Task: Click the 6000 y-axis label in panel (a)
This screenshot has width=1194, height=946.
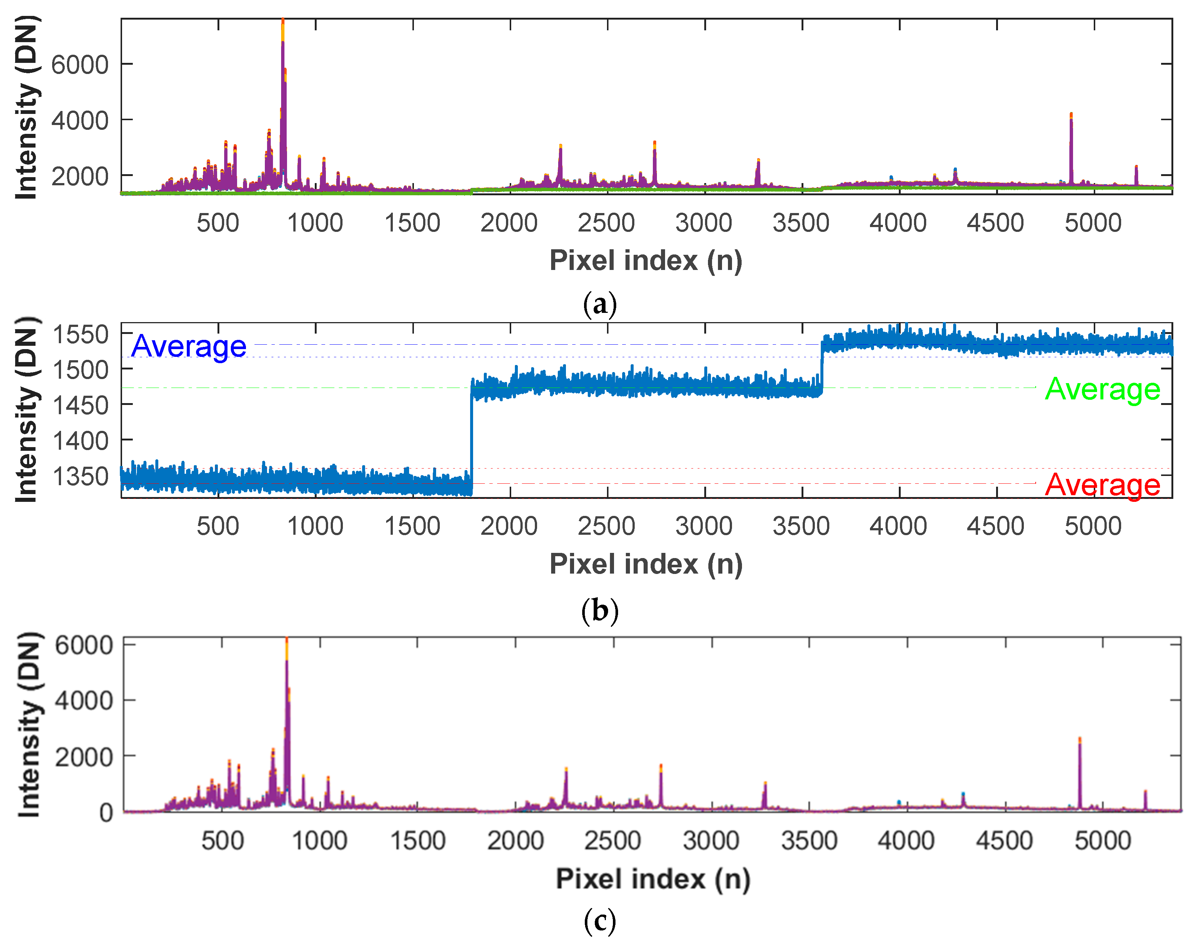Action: pyautogui.click(x=80, y=65)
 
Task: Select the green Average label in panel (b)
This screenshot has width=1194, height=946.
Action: pyautogui.click(x=1102, y=389)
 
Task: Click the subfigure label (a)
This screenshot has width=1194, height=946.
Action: pyautogui.click(x=599, y=304)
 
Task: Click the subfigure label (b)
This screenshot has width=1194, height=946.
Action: pyautogui.click(x=599, y=611)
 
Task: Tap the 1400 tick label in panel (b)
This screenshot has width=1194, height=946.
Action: pyautogui.click(x=80, y=441)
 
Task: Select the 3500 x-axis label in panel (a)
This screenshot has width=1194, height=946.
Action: pyautogui.click(x=801, y=223)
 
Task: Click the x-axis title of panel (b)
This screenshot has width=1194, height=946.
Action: pyautogui.click(x=646, y=564)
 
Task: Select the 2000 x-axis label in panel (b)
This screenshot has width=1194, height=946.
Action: pyautogui.click(x=509, y=526)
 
